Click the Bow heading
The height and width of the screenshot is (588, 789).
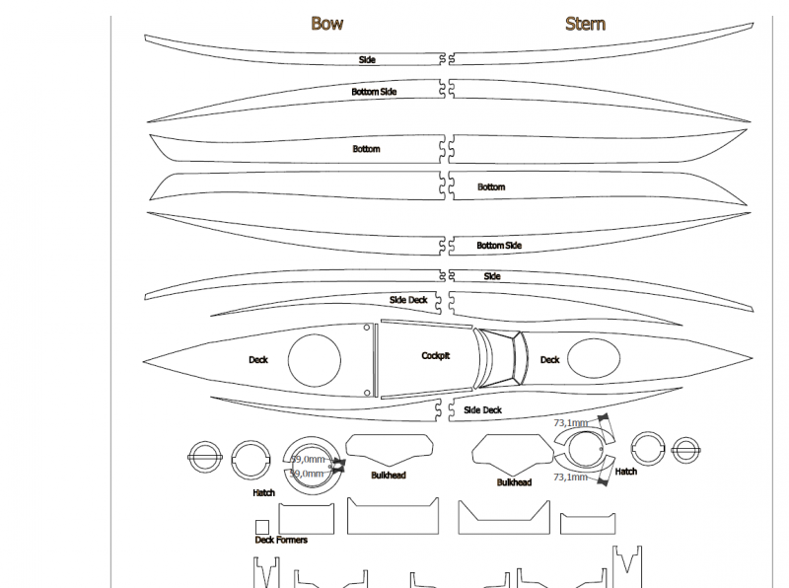tap(326, 23)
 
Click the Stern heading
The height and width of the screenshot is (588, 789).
tap(585, 23)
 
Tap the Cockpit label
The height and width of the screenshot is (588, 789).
tap(435, 355)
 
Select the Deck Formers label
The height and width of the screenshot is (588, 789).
tap(281, 540)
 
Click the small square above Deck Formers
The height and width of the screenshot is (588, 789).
tap(262, 527)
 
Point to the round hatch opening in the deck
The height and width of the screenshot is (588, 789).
tap(316, 360)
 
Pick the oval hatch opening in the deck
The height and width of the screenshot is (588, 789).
tap(595, 359)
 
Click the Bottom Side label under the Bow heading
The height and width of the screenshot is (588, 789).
tap(374, 92)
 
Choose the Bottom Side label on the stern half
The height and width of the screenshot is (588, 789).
tap(499, 246)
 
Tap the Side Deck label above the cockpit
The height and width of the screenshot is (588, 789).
tap(408, 300)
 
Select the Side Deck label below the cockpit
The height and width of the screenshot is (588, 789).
tap(482, 409)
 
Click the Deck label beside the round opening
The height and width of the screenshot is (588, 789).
tap(257, 360)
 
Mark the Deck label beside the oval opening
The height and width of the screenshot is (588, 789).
tap(549, 360)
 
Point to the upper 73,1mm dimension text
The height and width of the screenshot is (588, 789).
tap(571, 423)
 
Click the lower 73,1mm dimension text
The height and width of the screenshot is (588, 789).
tap(570, 477)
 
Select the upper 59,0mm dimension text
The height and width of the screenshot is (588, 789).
tap(308, 459)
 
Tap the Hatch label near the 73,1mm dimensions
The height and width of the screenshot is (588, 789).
tap(625, 472)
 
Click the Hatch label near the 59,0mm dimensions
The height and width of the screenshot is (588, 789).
tap(263, 492)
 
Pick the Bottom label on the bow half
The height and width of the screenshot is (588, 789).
tap(366, 149)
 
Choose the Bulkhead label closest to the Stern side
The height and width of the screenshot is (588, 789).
tap(514, 482)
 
